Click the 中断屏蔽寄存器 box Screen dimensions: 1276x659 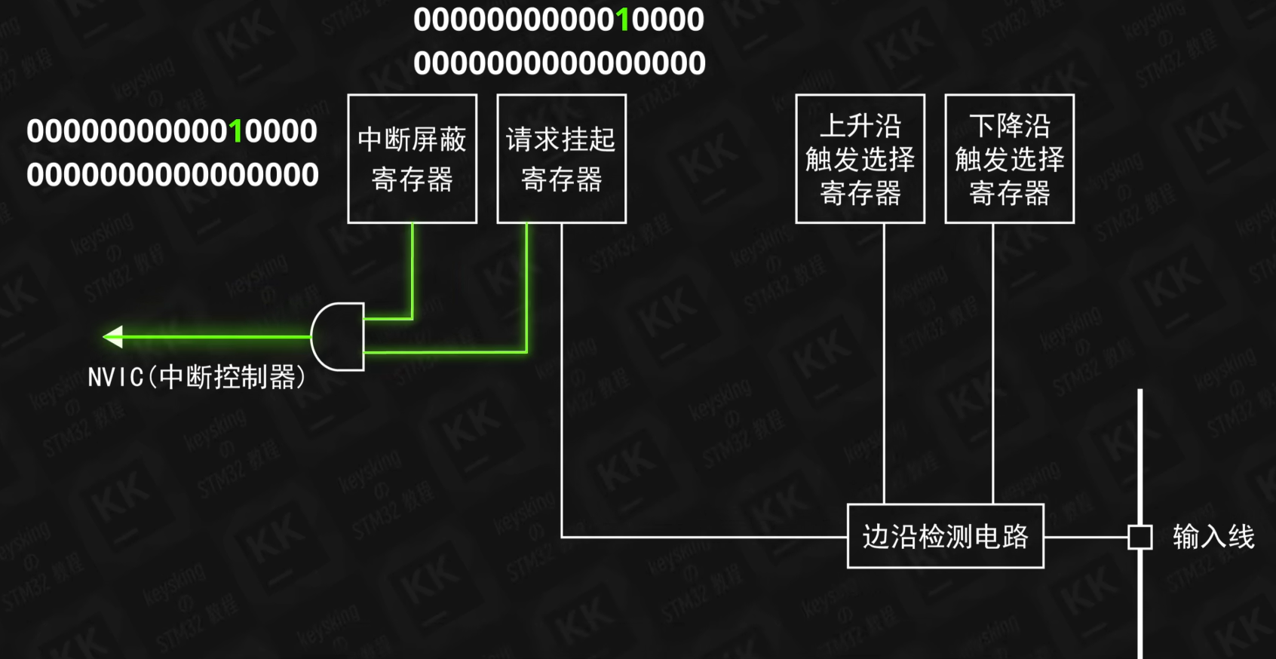tap(412, 158)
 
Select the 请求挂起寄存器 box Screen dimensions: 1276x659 tap(561, 158)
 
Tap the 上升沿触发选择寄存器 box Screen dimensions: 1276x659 tap(860, 158)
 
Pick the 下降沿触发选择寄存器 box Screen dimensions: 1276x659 tap(1009, 158)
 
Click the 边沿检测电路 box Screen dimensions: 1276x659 tap(945, 536)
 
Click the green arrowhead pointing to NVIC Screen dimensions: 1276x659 tap(114, 336)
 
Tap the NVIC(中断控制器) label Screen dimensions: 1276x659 tap(196, 377)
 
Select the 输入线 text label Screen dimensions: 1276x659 tap(1213, 537)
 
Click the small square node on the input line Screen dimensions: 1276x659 tap(1140, 537)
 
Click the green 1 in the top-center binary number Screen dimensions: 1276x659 tap(623, 20)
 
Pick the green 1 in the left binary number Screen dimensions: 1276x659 tap(236, 132)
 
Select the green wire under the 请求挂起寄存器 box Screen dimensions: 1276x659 tap(526, 287)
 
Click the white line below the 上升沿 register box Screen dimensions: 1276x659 tap(884, 362)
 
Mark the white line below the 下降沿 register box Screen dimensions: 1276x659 tap(992, 362)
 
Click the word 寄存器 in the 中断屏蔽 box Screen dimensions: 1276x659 tap(412, 179)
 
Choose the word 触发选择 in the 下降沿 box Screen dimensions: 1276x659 tap(1009, 159)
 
